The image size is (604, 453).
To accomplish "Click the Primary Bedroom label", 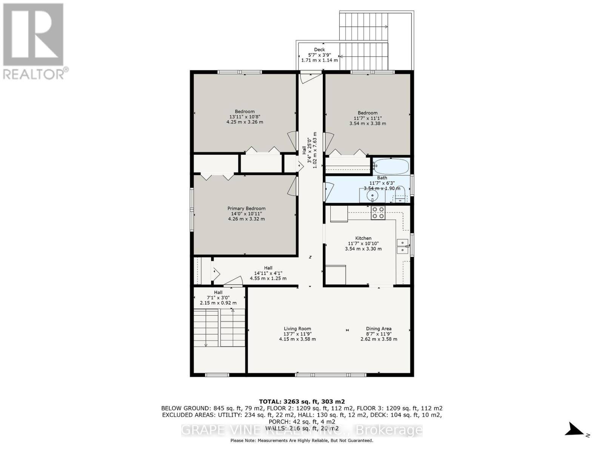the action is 246,208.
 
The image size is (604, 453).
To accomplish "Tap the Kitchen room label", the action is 363,238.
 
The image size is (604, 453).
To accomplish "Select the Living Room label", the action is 297,328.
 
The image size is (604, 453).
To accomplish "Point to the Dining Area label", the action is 378,328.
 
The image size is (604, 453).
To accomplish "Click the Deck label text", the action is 319,49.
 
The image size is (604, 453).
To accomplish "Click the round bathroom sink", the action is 372,196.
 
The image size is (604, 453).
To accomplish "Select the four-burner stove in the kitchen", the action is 378,213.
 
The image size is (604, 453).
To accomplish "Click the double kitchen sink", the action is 402,246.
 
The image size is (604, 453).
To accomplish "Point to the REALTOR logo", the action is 35,41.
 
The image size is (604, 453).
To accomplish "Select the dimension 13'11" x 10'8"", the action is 244,117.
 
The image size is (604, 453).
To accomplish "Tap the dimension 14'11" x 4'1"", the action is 268,273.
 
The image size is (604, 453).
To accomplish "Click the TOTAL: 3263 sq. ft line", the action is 302,402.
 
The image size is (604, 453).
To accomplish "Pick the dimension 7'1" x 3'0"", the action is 218,297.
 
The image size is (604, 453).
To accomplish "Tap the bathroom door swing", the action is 330,192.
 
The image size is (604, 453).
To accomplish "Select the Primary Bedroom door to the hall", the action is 293,186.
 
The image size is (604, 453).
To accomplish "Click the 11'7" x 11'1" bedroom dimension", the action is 367,118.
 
